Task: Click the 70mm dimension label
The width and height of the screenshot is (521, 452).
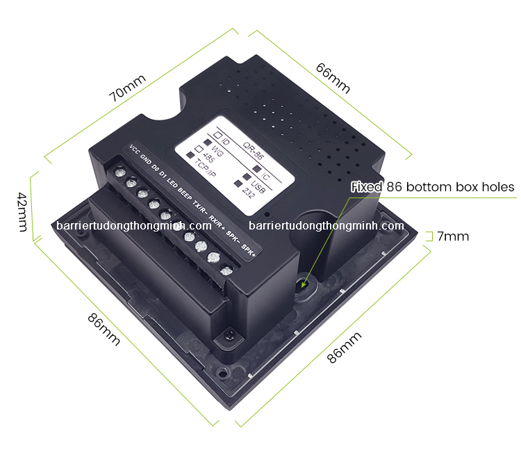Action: point(127,88)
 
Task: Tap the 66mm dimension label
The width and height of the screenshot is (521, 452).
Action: point(333,78)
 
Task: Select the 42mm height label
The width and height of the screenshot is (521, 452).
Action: point(22,212)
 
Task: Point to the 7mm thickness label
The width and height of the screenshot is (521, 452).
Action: point(452,236)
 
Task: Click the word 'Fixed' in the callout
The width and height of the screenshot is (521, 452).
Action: point(367,187)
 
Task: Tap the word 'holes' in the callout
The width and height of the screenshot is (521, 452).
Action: point(498,187)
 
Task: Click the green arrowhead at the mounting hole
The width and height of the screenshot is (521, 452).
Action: point(304,284)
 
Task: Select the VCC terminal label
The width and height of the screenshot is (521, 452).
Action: point(134,150)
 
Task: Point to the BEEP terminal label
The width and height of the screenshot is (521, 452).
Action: point(185,194)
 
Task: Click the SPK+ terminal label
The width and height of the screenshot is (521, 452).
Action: point(248,250)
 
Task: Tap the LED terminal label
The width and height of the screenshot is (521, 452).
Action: point(172,183)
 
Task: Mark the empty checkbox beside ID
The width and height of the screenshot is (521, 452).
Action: point(217,135)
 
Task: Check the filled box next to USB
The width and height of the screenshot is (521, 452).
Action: point(247,176)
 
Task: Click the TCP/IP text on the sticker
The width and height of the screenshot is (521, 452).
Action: point(205,168)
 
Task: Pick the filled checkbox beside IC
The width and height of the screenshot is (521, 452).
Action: point(256,168)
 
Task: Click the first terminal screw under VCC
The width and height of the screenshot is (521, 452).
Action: point(120,172)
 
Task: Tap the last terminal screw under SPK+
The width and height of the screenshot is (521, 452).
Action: point(226,270)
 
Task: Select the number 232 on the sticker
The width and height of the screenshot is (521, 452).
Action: point(248,193)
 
